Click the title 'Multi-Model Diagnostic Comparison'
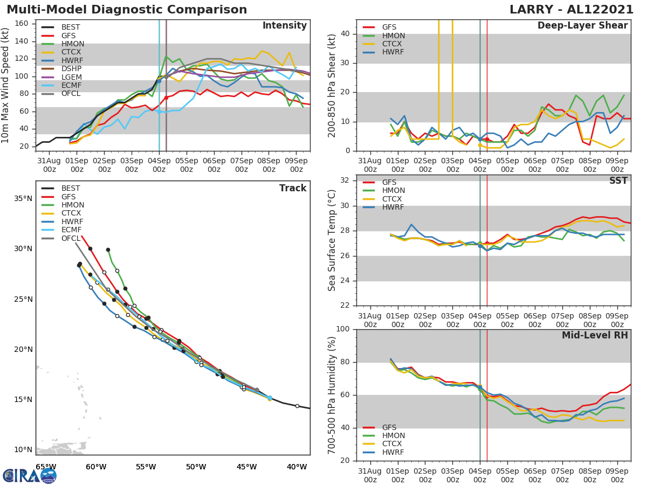coord(127,10)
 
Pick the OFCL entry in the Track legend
coord(71,238)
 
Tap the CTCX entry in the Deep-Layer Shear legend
coord(394,44)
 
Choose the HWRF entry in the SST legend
coord(394,207)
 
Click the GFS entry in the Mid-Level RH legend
coord(389,427)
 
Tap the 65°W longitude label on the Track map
coord(46,467)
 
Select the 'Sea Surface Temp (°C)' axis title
coord(332,240)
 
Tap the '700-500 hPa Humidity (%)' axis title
coord(332,394)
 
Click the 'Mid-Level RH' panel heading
coord(595,336)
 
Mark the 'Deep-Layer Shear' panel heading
coord(582,26)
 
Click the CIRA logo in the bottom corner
coord(30,475)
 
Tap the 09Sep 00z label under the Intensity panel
coord(296,165)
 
